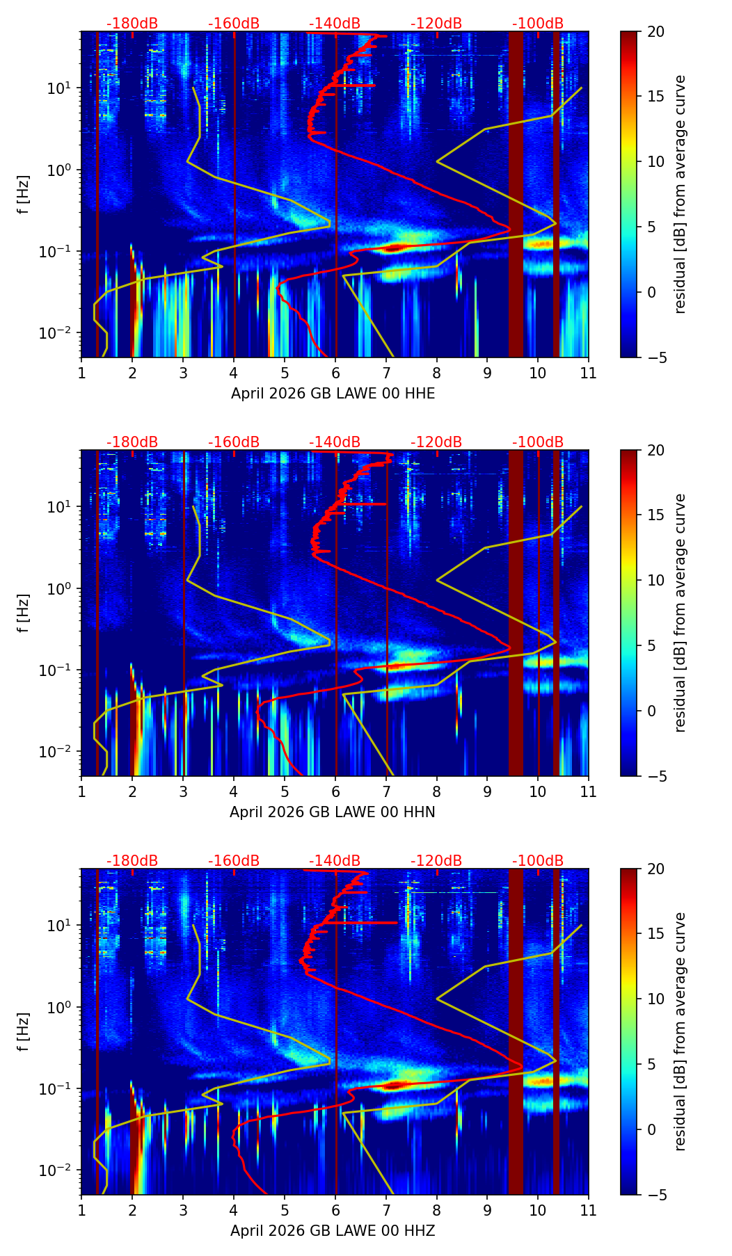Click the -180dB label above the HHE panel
tap(132, 24)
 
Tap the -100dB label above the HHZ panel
tap(538, 861)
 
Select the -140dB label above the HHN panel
tap(335, 442)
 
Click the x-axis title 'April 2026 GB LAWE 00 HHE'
tap(333, 394)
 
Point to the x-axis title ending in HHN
tap(333, 812)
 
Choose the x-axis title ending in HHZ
tap(333, 1231)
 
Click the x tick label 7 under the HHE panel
tap(386, 373)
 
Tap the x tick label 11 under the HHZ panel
tap(588, 1210)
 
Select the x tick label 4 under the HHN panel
tap(234, 791)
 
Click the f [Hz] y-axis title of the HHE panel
tap(24, 195)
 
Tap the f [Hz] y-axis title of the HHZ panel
tap(24, 1032)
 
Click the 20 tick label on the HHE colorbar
tap(656, 32)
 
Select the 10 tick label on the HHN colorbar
tap(656, 580)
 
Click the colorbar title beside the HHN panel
tap(680, 613)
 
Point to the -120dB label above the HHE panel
tap(436, 24)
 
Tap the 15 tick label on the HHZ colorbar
tap(656, 934)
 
